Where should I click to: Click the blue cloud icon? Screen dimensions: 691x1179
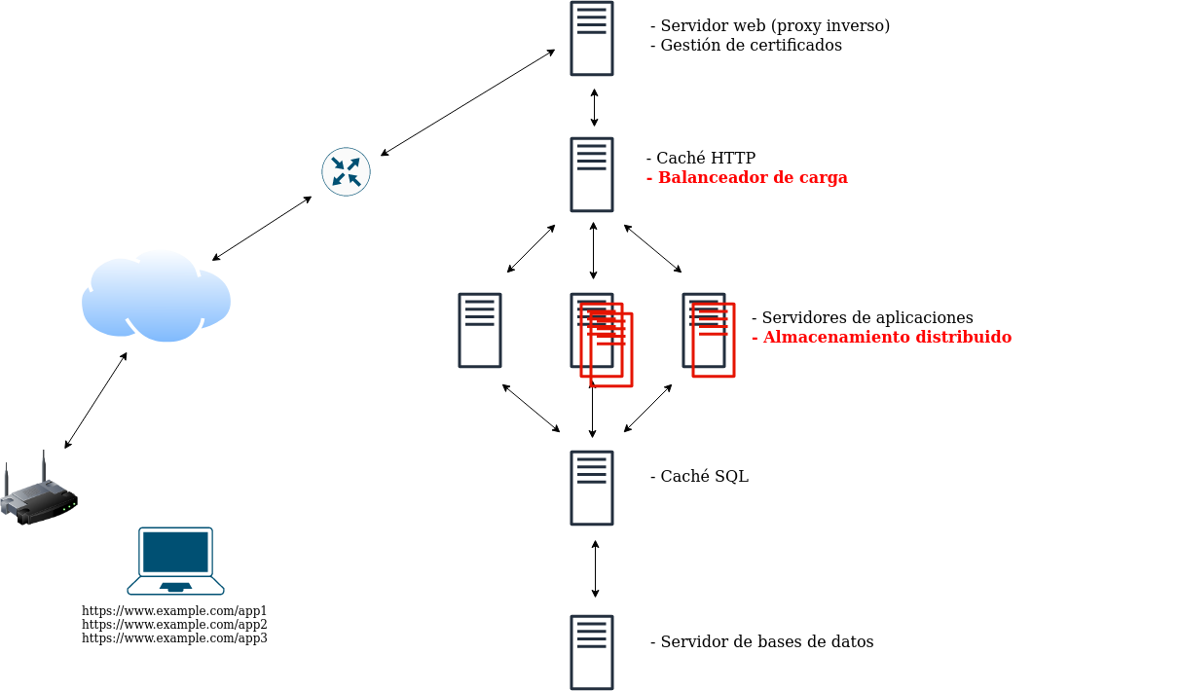(x=156, y=297)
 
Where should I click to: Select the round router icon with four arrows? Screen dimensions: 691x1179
(x=346, y=172)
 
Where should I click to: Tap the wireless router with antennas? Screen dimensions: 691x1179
(x=39, y=494)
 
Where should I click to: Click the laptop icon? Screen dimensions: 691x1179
(x=175, y=561)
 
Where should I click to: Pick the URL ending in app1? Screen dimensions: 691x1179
(x=174, y=611)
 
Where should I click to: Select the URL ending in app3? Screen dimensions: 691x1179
(x=174, y=638)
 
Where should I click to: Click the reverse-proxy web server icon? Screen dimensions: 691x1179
(x=592, y=39)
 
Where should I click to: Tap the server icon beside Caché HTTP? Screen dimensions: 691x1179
(x=592, y=175)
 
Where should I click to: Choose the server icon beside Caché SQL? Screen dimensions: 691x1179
(x=592, y=489)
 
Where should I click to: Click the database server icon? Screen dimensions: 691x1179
(x=592, y=652)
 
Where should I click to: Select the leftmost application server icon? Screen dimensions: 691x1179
(x=480, y=331)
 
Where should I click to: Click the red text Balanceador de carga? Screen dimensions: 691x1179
(x=747, y=178)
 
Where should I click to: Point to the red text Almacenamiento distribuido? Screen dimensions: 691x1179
(x=881, y=338)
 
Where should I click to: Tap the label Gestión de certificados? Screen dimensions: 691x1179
(x=746, y=46)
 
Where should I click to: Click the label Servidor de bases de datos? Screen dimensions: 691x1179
(x=761, y=642)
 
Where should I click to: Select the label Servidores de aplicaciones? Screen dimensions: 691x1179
(x=862, y=318)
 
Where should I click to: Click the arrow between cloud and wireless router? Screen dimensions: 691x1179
(x=95, y=401)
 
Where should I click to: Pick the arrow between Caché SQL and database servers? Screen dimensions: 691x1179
(x=595, y=569)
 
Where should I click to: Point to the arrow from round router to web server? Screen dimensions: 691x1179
(x=467, y=102)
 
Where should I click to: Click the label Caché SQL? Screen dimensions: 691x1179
(x=699, y=477)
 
